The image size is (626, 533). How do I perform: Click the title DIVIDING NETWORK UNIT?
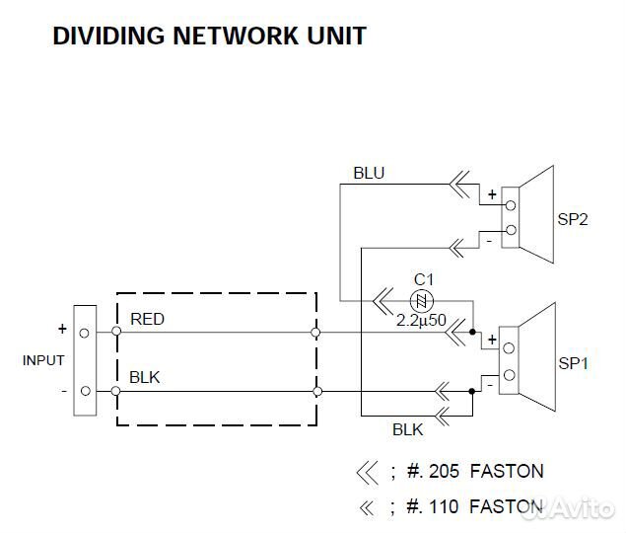pos(209,37)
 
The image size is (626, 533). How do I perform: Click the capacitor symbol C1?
pos(421,300)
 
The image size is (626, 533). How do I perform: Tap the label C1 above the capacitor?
pos(423,278)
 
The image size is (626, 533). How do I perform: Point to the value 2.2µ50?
pos(422,321)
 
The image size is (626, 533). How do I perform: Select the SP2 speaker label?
pos(573,220)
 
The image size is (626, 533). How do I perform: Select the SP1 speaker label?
pos(573,363)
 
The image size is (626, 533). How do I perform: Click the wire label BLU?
pos(369,174)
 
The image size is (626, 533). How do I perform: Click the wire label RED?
pos(148,319)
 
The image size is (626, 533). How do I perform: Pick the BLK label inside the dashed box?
pos(144,376)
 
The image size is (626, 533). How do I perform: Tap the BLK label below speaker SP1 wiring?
pos(407,430)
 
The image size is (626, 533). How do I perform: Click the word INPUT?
pos(43,361)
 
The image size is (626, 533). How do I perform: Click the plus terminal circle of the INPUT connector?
pos(86,334)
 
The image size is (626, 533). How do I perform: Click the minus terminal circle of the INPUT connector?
pos(86,391)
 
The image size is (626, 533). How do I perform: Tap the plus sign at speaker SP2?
pos(491,194)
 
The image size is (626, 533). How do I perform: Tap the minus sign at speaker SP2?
pos(488,240)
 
